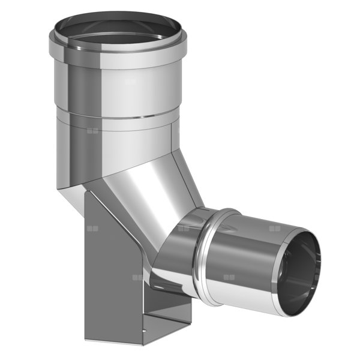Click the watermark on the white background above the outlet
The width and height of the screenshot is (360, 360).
275,228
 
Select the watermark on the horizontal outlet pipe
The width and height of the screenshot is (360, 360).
228,277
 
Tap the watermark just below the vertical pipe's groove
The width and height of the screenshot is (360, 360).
92,129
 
